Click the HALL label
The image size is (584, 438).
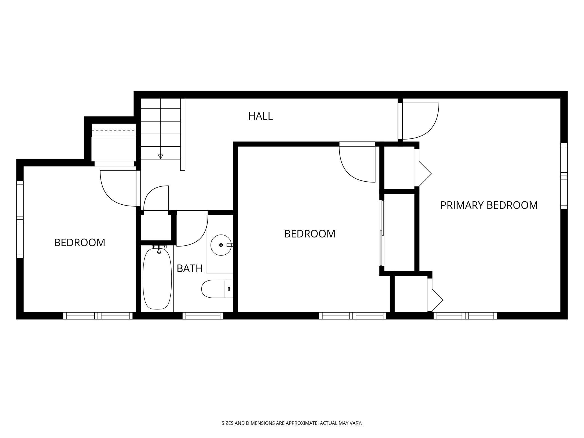(x=260, y=116)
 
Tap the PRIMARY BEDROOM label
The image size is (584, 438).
(x=489, y=205)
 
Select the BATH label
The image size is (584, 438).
(x=190, y=268)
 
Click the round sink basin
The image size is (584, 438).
(x=221, y=245)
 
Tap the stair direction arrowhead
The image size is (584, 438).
(x=160, y=156)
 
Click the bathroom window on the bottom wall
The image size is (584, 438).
(x=203, y=316)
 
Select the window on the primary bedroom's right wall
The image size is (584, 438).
(x=564, y=176)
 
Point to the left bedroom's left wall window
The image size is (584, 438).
(x=20, y=219)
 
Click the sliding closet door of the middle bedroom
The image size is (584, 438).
(x=381, y=233)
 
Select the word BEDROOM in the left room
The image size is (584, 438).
(x=79, y=243)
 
